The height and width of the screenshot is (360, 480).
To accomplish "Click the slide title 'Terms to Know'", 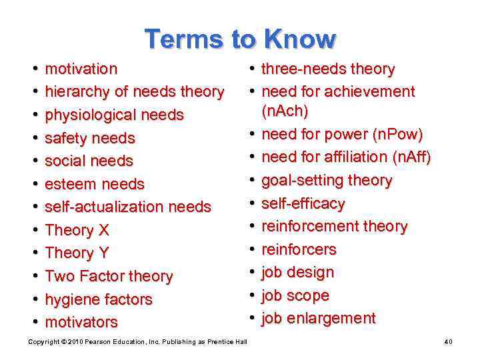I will [x=240, y=39].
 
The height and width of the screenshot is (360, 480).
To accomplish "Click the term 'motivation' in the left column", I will [x=81, y=69].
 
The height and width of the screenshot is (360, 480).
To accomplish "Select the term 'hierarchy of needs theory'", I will [x=134, y=91].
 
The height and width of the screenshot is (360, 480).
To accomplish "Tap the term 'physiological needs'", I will [x=114, y=115].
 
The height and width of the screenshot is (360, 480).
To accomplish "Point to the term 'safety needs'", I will [x=89, y=138].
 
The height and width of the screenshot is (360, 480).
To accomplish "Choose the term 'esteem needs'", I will [x=94, y=184].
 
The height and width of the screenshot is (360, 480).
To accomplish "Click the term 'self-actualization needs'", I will [x=127, y=207].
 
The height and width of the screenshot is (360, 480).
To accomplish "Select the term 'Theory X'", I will [x=77, y=230].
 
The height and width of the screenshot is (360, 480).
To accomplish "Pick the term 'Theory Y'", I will [x=77, y=253].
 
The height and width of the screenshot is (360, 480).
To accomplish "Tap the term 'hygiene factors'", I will [x=98, y=299].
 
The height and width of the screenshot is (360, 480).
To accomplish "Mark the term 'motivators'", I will [x=81, y=322].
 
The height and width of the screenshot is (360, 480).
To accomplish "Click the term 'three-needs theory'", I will [x=328, y=69].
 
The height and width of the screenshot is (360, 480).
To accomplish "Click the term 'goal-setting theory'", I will [x=327, y=181].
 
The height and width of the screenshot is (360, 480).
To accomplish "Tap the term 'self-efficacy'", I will [x=303, y=203].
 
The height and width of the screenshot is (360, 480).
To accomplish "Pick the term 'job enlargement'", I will [x=318, y=319].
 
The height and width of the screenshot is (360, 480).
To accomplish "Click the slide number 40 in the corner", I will [x=449, y=342].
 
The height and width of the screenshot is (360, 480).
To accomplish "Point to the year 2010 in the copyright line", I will [x=69, y=342].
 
